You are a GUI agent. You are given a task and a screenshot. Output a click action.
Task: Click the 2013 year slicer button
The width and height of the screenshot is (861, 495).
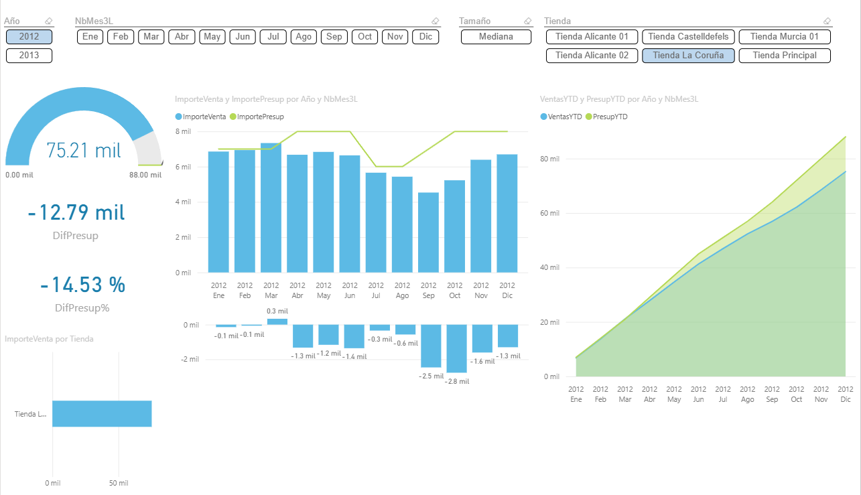[x=29, y=56]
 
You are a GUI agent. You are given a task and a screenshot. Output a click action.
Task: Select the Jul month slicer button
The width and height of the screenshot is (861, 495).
[x=273, y=37]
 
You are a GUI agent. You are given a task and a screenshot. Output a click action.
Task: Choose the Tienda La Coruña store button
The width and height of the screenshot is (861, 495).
[x=688, y=56]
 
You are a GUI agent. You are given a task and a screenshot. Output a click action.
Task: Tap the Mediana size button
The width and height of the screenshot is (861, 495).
[x=496, y=37]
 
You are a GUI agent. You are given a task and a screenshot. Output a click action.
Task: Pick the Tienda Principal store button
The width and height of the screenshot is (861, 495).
[x=785, y=56]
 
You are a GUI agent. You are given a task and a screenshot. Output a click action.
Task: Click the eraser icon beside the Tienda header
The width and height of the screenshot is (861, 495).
[x=827, y=21]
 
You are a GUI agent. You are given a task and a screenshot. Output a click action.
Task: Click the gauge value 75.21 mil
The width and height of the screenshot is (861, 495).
[x=84, y=151]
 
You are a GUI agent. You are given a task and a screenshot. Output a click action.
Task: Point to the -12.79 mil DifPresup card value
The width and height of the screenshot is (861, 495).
[x=76, y=213]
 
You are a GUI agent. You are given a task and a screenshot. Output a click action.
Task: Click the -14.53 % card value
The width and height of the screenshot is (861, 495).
[x=82, y=285]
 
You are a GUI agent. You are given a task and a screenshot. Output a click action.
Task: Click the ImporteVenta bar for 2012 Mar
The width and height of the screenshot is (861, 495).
[x=271, y=208]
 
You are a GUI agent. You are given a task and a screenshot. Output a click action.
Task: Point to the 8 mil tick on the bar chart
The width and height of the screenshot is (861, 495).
[x=183, y=131]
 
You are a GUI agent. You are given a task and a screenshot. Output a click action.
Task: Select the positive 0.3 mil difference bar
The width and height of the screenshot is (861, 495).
[x=277, y=322]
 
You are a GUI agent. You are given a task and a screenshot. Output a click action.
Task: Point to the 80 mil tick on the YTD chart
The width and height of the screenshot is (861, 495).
[x=550, y=159]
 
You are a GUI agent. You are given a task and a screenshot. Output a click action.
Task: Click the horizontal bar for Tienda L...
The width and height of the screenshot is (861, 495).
[x=102, y=414]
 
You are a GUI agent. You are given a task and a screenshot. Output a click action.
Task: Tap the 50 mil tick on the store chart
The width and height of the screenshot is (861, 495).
[x=119, y=483]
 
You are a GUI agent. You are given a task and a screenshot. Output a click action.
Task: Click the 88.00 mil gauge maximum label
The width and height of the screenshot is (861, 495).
[x=145, y=175]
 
